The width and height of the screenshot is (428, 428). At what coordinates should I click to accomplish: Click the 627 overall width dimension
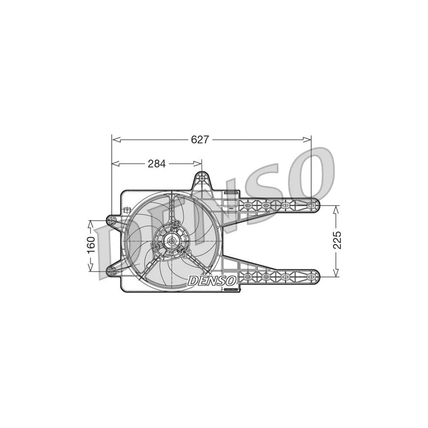200,139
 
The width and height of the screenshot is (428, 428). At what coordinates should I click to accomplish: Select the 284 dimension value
156,164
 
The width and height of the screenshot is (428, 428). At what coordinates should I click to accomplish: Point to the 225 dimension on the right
337,240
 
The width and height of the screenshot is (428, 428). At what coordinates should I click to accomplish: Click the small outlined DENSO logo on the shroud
212,280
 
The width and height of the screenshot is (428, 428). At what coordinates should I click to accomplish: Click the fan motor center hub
169,241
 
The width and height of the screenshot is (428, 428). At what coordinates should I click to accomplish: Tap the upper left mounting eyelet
111,220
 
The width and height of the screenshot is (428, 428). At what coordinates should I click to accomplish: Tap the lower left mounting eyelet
111,271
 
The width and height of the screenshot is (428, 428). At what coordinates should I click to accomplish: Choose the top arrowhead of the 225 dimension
336,208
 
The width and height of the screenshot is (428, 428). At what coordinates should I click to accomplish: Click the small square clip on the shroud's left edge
126,210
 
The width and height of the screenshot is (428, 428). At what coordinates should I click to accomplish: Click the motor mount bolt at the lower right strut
183,251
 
